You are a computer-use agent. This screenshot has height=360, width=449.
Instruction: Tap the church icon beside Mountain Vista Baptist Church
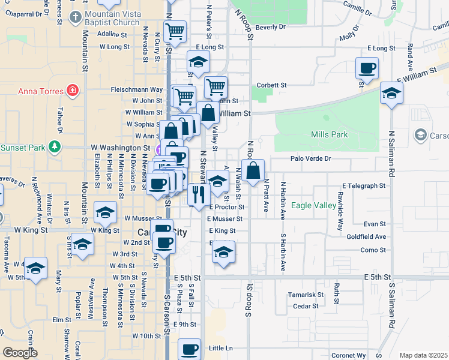[x=74, y=16]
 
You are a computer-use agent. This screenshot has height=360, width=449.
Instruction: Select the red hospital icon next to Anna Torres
[x=73, y=91]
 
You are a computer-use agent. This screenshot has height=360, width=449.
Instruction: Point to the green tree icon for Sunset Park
[x=55, y=147]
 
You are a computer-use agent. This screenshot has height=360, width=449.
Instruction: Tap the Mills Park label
[x=330, y=135]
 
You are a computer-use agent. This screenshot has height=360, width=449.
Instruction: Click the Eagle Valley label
[x=313, y=206]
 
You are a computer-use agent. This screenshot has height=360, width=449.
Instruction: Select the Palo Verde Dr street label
[x=310, y=158]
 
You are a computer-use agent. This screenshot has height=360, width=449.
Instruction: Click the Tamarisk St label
[x=305, y=295]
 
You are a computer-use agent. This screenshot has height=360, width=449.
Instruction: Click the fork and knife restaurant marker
[x=198, y=193]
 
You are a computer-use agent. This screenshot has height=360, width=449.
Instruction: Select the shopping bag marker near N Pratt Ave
[x=253, y=170]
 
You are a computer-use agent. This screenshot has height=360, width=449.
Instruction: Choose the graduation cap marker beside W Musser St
[x=106, y=212]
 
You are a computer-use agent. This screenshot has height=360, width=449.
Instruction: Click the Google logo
[x=20, y=353]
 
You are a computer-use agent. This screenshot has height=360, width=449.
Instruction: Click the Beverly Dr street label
[x=270, y=27]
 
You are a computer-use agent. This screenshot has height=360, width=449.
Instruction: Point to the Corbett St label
[x=272, y=85]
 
